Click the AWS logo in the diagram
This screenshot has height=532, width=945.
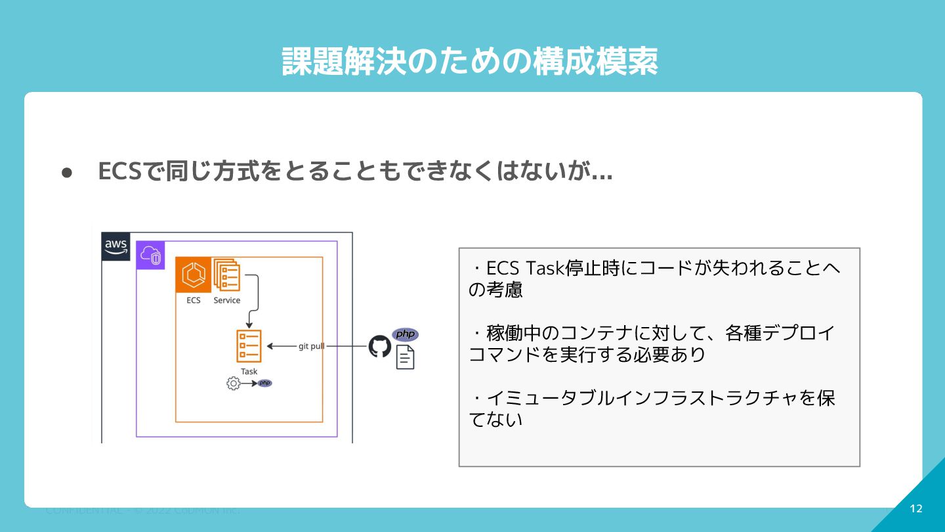pyautogui.click(x=116, y=247)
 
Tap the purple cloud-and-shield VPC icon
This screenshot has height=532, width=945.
pyautogui.click(x=150, y=255)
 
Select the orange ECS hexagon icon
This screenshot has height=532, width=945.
pyautogui.click(x=193, y=275)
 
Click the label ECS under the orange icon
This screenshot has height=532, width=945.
pyautogui.click(x=193, y=300)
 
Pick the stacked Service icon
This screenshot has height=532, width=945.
pyautogui.click(x=226, y=275)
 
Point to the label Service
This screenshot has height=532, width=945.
pyautogui.click(x=227, y=300)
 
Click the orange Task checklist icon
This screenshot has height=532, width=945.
pyautogui.click(x=249, y=346)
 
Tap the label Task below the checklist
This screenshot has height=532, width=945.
pyautogui.click(x=249, y=372)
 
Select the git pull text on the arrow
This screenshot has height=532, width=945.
pyautogui.click(x=311, y=346)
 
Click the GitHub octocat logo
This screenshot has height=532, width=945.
pyautogui.click(x=380, y=346)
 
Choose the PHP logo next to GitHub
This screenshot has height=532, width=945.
pyautogui.click(x=405, y=334)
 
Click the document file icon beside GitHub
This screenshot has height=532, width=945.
pyautogui.click(x=406, y=357)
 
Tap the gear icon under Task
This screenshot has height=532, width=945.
pyautogui.click(x=233, y=384)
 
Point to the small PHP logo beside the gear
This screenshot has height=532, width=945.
pyautogui.click(x=264, y=383)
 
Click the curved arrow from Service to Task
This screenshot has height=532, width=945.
pyautogui.click(x=255, y=299)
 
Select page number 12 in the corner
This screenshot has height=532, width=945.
pyautogui.click(x=916, y=509)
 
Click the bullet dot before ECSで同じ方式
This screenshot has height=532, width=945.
pyautogui.click(x=66, y=173)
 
